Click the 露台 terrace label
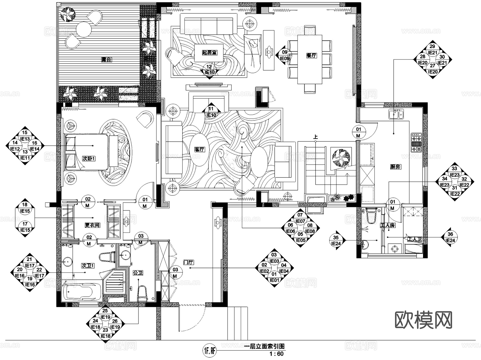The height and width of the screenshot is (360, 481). pyautogui.click(x=106, y=60)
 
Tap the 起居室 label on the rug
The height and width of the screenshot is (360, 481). pyautogui.click(x=210, y=53)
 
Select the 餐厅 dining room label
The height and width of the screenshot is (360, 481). pyautogui.click(x=311, y=56)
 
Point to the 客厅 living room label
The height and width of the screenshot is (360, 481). pyautogui.click(x=199, y=149)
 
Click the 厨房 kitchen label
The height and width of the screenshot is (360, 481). pyautogui.click(x=395, y=167)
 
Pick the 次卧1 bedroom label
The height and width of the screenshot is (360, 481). pyautogui.click(x=89, y=158)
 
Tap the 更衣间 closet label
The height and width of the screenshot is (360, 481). pyautogui.click(x=92, y=225)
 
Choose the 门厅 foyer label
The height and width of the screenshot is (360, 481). pyautogui.click(x=188, y=262)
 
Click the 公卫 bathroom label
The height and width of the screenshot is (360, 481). pyautogui.click(x=138, y=273)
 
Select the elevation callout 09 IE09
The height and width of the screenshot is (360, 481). pyautogui.click(x=284, y=55)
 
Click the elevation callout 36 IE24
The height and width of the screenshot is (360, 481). pyautogui.click(x=450, y=237)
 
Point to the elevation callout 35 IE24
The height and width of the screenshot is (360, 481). pyautogui.click(x=336, y=240)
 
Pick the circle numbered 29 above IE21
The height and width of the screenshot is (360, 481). pyautogui.click(x=432, y=47)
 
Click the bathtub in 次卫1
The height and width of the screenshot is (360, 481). pyautogui.click(x=82, y=292)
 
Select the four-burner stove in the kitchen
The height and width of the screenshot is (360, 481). pyautogui.click(x=416, y=143)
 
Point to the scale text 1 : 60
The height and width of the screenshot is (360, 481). pyautogui.click(x=276, y=354)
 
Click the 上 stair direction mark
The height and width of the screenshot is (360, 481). pyautogui.click(x=316, y=137)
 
